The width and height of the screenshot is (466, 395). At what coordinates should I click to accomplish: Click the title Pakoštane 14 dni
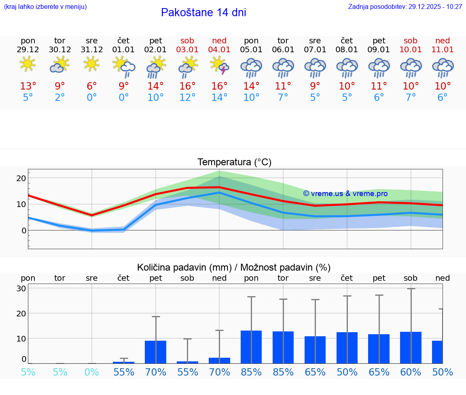tap(203, 13)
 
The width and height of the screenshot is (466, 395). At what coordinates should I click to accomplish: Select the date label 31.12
tap(92, 50)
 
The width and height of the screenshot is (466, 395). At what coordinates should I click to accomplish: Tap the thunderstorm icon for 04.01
tap(219, 65)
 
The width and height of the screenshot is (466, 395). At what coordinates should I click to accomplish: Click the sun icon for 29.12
tap(28, 64)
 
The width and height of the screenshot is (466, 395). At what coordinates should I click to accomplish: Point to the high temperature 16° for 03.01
tap(187, 86)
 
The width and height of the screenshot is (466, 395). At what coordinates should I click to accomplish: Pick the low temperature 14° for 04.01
tap(219, 98)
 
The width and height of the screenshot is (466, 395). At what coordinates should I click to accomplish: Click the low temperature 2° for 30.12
tap(60, 98)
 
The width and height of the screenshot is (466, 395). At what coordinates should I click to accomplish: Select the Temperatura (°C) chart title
tap(234, 162)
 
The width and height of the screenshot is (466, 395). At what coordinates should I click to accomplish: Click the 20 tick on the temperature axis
tap(21, 178)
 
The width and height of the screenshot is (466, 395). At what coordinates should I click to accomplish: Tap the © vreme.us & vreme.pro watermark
tap(345, 194)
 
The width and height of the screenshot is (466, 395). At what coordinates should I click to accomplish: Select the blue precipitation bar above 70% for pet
tap(156, 352)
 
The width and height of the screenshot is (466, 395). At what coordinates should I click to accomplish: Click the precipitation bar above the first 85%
tap(251, 347)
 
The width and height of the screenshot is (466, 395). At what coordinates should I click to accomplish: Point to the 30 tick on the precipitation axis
tap(21, 288)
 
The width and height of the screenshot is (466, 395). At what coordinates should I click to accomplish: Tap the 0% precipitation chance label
tap(92, 372)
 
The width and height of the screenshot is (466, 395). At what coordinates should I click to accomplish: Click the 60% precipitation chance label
tap(411, 372)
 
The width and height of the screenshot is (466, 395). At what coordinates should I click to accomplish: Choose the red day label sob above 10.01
tap(411, 41)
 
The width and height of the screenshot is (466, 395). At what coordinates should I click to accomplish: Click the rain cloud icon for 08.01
tap(347, 67)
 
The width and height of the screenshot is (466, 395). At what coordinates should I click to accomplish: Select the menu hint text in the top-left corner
tap(45, 7)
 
